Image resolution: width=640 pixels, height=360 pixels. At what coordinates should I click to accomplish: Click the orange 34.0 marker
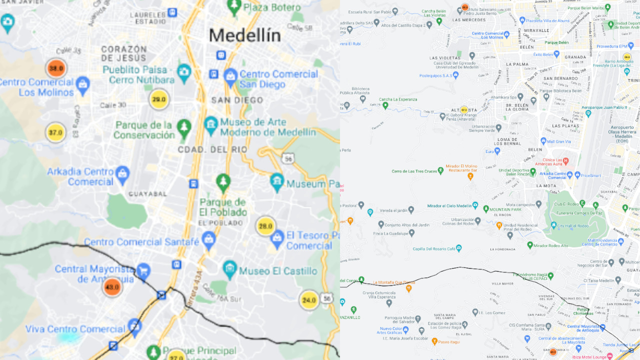click(x=56, y=68)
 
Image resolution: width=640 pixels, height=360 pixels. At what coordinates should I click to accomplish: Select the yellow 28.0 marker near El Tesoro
click(x=265, y=226)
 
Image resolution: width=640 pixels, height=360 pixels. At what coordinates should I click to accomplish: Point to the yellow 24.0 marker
click(x=309, y=300)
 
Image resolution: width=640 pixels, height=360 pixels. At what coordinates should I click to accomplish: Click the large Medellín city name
click(x=244, y=35)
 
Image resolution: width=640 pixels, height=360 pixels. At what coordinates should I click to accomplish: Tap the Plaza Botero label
click(x=271, y=7)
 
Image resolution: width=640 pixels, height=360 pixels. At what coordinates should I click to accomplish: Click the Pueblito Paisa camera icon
click(x=184, y=72)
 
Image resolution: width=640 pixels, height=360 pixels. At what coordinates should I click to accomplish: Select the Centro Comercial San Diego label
click(x=278, y=79)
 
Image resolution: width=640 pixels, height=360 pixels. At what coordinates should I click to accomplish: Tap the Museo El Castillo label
click(x=278, y=271)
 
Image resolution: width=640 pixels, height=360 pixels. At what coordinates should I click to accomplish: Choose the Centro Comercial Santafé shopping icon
click(x=208, y=239)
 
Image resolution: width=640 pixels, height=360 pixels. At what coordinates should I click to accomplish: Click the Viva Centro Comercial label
click(x=75, y=329)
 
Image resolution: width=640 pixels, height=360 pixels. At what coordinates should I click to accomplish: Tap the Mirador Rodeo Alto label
click(x=550, y=245)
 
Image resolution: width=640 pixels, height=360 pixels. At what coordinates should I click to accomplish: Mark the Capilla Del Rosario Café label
click(x=433, y=248)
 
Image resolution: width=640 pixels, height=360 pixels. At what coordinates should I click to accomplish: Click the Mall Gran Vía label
click(x=562, y=141)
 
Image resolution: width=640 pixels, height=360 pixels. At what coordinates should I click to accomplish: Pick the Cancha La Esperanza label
click(x=398, y=99)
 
